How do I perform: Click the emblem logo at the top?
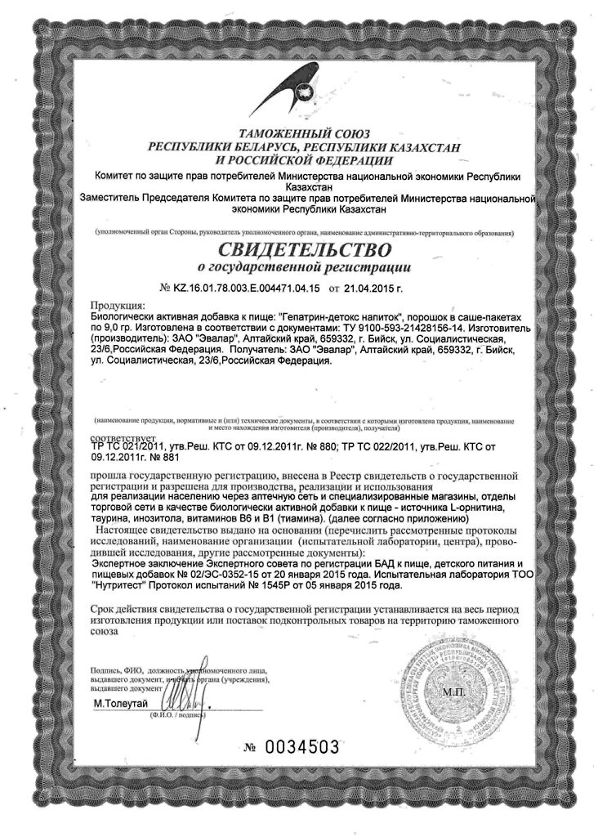click(300, 88)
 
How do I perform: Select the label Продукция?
click(117, 306)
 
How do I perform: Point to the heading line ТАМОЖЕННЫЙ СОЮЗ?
click(299, 132)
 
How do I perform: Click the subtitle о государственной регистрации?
click(299, 267)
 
